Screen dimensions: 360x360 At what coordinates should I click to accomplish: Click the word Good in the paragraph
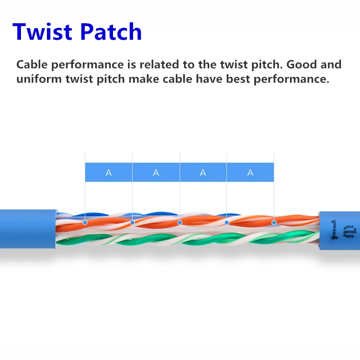pos(298,64)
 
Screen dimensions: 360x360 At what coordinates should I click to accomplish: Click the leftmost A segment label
pos(108,173)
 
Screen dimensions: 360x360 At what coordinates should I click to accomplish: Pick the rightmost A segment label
pos(250,173)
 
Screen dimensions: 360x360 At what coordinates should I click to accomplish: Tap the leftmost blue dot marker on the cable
pos(85,223)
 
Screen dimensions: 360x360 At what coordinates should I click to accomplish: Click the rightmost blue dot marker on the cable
pos(274,223)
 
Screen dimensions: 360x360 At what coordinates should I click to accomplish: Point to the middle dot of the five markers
pos(180,223)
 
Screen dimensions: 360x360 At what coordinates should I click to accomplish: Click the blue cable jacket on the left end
pos(27,229)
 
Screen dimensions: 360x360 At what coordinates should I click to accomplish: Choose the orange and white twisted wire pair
pos(155,221)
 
